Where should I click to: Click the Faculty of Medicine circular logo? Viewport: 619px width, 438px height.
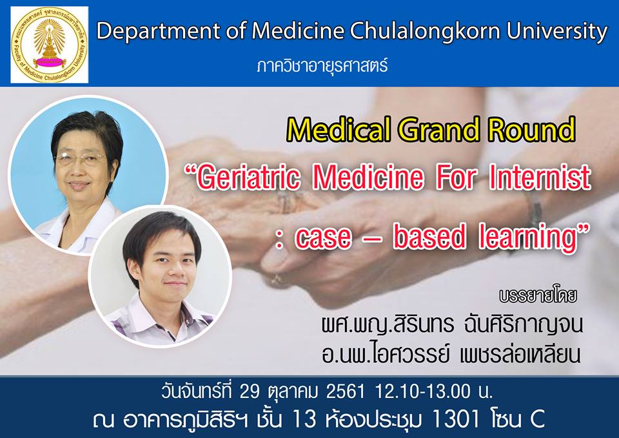pyautogui.click(x=49, y=45)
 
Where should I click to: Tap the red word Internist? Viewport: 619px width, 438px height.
pyautogui.click(x=540, y=177)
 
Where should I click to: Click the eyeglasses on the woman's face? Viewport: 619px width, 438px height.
pyautogui.click(x=81, y=159)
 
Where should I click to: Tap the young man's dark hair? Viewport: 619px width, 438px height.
pyautogui.click(x=161, y=236)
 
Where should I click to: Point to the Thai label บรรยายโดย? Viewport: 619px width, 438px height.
pyautogui.click(x=538, y=297)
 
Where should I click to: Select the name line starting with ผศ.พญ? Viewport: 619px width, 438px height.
pyautogui.click(x=452, y=324)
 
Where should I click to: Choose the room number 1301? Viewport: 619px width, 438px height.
pyautogui.click(x=457, y=418)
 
